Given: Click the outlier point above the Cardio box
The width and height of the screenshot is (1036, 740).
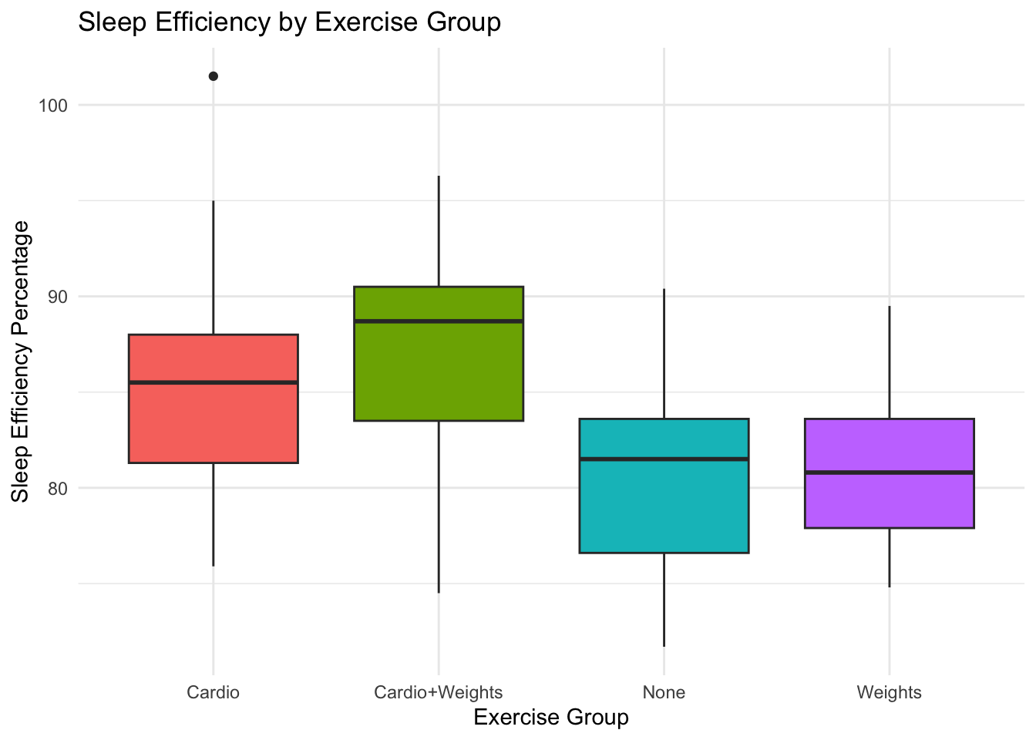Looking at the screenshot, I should [x=214, y=76].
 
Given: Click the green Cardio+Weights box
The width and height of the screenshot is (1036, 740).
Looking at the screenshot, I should [x=439, y=370].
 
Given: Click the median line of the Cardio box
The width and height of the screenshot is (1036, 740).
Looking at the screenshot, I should [x=214, y=382].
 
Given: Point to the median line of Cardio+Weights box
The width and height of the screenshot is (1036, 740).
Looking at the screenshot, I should [x=439, y=321].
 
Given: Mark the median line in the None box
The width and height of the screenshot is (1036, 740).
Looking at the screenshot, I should [x=664, y=459].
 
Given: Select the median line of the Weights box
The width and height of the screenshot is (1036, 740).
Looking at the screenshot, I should [x=890, y=472].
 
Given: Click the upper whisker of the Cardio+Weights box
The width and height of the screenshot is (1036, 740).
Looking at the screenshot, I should [x=439, y=231].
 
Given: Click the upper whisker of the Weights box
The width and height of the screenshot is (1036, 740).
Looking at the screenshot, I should [x=890, y=362].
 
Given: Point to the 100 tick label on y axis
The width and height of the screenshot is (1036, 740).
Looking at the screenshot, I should [x=53, y=106].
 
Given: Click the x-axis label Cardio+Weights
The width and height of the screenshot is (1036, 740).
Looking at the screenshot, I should [x=438, y=692].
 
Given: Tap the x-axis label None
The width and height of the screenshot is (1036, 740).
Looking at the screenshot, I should [x=664, y=692].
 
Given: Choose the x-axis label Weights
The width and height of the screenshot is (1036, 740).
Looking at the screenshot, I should [x=889, y=692].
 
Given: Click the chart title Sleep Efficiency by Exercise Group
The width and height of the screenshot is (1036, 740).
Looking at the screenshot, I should [x=290, y=22].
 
